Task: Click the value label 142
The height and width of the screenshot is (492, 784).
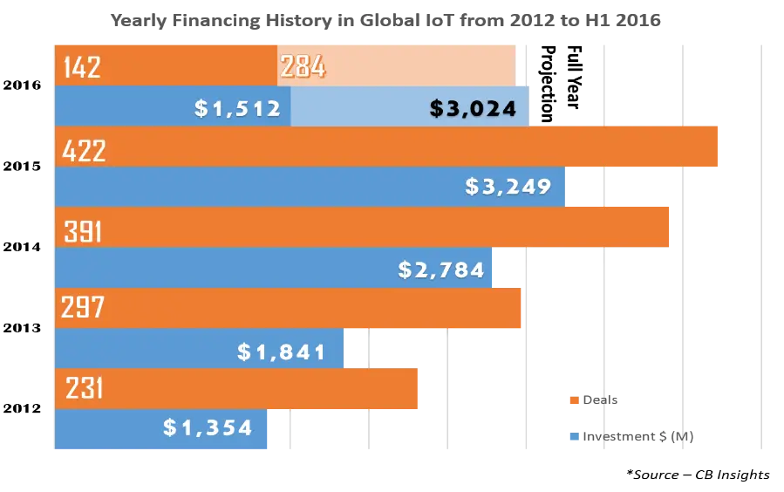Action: click(82, 67)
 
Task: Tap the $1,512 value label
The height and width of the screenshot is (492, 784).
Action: click(237, 108)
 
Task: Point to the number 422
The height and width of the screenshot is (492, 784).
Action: click(84, 152)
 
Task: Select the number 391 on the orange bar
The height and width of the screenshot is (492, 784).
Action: click(83, 232)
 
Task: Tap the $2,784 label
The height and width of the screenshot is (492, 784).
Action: click(440, 270)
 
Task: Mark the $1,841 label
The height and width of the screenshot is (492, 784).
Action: click(281, 352)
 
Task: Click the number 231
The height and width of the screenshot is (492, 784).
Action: click(83, 388)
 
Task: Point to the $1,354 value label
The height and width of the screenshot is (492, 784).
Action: click(208, 427)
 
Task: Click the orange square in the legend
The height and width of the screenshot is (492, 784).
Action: click(572, 400)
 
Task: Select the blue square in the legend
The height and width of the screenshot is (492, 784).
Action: click(572, 438)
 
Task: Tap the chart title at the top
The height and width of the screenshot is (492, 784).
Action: click(384, 19)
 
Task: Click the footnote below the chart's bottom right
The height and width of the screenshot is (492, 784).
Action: click(698, 475)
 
